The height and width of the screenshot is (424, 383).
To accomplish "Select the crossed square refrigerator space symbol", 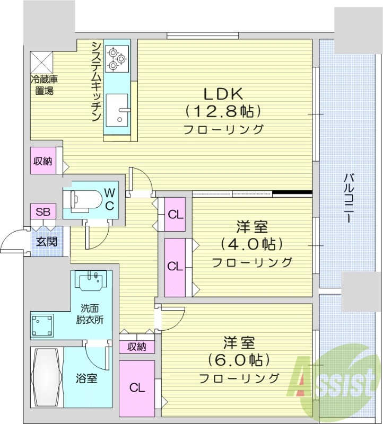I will coord(41,61).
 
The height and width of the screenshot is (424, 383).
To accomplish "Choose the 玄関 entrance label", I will coord(44,242).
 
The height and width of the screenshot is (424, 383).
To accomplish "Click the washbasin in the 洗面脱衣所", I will coord(93,281).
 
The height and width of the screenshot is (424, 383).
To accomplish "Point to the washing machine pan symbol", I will coord(42,323).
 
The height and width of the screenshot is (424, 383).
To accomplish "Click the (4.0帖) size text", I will coord(251,244).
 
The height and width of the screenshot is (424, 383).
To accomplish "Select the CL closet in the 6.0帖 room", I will coord(137,387).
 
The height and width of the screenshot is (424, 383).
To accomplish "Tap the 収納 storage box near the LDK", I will coord(42,161).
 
